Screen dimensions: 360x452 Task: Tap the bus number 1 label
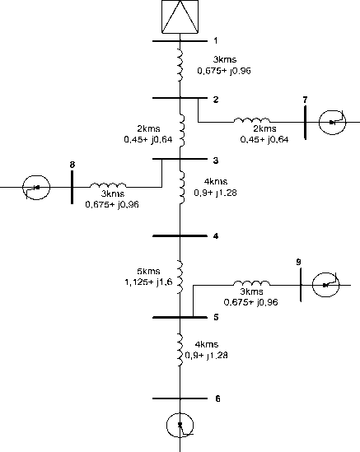(216, 40)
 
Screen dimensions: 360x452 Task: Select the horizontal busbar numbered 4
(180, 235)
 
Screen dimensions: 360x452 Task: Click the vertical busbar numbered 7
(305, 123)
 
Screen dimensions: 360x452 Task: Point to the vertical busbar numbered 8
(72, 187)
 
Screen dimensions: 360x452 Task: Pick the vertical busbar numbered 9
(301, 285)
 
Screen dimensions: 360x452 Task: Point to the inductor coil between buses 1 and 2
(180, 65)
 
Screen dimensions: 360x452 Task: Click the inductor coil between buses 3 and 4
(181, 188)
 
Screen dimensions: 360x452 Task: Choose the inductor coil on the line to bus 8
(108, 185)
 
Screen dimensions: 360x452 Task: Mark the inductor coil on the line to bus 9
(252, 283)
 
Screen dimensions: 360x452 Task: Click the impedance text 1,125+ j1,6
(148, 282)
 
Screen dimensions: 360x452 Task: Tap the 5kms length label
(148, 271)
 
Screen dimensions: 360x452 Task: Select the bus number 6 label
(217, 398)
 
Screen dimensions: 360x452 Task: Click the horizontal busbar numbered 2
(180, 98)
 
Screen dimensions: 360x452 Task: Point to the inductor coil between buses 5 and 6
(180, 350)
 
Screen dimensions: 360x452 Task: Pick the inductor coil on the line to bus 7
(252, 120)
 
